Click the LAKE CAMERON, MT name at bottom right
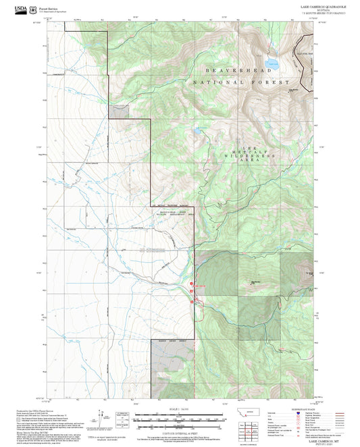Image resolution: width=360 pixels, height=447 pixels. click(323, 440)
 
